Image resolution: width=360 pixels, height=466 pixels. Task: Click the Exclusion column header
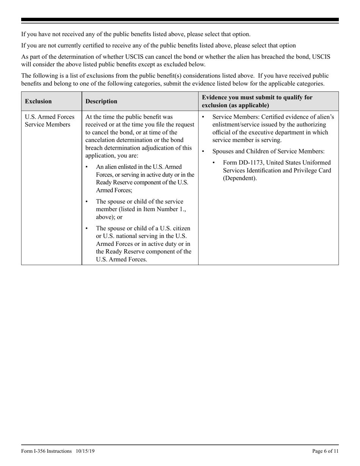[x=38, y=102]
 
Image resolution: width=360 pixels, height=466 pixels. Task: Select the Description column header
[x=101, y=102]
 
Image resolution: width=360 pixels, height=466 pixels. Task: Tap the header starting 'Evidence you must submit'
[x=257, y=101]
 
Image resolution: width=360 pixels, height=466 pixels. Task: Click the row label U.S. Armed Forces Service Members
[x=50, y=120]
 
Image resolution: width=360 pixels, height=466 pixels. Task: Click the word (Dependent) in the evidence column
[x=239, y=178]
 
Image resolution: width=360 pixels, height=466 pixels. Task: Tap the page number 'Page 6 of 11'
[x=325, y=451]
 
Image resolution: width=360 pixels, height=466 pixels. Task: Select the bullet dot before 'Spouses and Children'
[x=204, y=152]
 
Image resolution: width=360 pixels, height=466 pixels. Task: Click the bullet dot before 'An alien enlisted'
[x=88, y=167]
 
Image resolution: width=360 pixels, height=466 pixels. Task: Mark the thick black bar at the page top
[x=180, y=20]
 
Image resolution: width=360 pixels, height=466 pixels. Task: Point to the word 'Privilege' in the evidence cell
[x=304, y=170]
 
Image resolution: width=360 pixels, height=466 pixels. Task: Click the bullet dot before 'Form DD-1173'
[x=215, y=163]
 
